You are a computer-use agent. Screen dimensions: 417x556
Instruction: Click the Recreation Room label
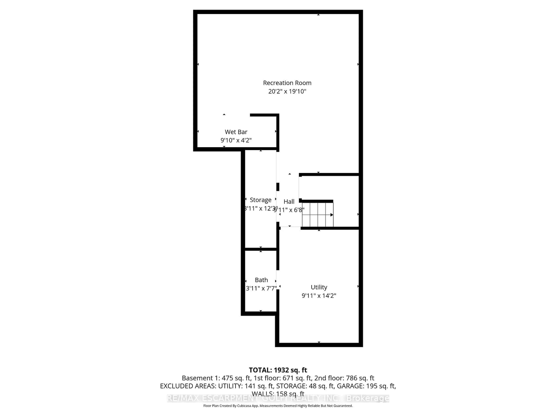coord(287,83)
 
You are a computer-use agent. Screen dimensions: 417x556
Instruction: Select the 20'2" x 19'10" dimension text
coord(287,91)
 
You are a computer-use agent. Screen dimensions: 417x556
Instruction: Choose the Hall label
coord(289,202)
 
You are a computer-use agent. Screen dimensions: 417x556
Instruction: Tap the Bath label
coord(261,280)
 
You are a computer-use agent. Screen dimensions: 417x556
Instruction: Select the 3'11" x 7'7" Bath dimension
coord(261,288)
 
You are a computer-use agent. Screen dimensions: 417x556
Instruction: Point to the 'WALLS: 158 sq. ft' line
coord(278,394)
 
